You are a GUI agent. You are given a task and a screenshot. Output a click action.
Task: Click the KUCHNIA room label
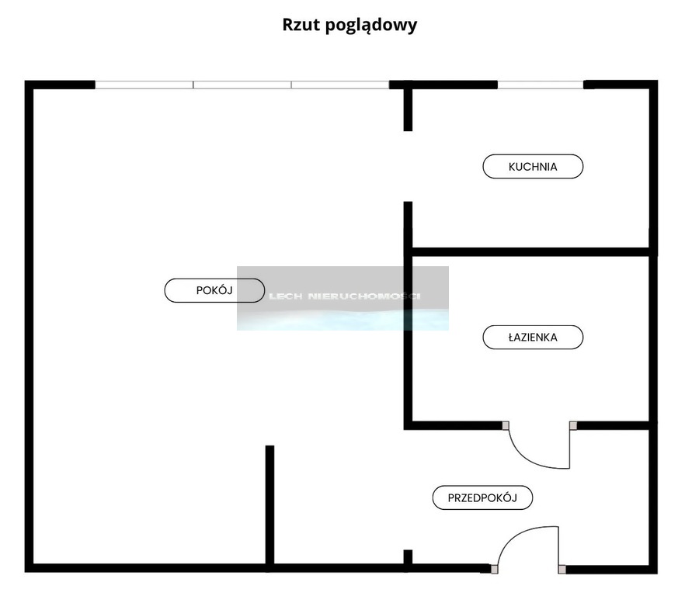(533, 166)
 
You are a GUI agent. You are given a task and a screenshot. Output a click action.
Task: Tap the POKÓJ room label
(214, 290)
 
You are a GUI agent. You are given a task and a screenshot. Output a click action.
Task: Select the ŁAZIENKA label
(533, 337)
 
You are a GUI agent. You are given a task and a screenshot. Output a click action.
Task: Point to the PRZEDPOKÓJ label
(482, 497)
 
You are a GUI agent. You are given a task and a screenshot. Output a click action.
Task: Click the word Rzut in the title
(302, 25)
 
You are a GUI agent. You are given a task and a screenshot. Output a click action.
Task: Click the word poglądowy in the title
(371, 26)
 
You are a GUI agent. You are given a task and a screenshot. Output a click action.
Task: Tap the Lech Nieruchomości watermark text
(345, 296)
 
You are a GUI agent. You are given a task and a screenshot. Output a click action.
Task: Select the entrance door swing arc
(516, 535)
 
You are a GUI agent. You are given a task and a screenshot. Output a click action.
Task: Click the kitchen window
(541, 85)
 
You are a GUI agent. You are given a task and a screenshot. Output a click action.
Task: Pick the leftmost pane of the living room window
(144, 85)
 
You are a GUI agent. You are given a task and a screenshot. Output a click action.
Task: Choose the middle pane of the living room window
(242, 85)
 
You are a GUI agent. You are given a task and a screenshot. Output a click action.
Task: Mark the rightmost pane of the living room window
(340, 85)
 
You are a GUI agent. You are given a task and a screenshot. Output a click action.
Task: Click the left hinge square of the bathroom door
(506, 426)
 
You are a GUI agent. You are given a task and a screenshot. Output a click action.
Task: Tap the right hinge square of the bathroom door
(573, 426)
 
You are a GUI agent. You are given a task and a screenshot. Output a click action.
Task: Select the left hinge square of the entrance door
(494, 570)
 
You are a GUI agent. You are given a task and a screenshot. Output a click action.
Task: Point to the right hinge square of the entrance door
(562, 570)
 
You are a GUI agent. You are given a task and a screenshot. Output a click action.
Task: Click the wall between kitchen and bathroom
(530, 252)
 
